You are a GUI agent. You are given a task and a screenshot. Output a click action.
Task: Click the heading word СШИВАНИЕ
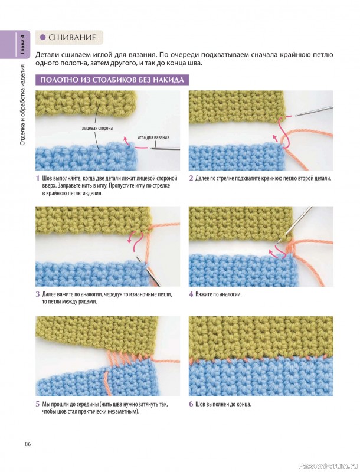pos(72,37)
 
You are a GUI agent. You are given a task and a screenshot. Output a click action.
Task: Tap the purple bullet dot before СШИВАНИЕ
pos(42,37)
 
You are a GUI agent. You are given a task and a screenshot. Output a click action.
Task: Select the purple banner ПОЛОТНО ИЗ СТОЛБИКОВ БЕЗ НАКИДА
pos(112,80)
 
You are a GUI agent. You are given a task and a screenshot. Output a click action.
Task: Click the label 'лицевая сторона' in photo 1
pos(97,128)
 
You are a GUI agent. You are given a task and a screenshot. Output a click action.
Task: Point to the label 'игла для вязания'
pos(153,137)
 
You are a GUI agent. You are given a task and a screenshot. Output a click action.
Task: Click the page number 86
pos(28,444)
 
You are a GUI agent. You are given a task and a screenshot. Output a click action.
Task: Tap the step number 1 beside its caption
pos(38,178)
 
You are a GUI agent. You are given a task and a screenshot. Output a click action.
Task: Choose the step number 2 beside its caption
pos(191,178)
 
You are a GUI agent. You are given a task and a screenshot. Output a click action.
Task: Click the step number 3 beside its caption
pos(38,294)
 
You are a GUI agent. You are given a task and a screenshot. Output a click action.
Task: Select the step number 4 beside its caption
pos(191,294)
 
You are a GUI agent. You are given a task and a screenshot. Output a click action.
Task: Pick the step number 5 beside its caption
pos(38,404)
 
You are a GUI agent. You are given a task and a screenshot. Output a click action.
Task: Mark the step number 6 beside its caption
pos(191,404)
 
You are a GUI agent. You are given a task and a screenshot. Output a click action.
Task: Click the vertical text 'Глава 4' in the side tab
pos(23,45)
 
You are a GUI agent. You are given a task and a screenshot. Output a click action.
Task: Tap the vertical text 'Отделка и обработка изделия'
pos(23,105)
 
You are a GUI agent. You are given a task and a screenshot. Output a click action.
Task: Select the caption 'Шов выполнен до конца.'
pos(223,404)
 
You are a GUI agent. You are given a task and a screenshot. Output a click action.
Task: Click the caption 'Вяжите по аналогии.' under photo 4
pos(218,294)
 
